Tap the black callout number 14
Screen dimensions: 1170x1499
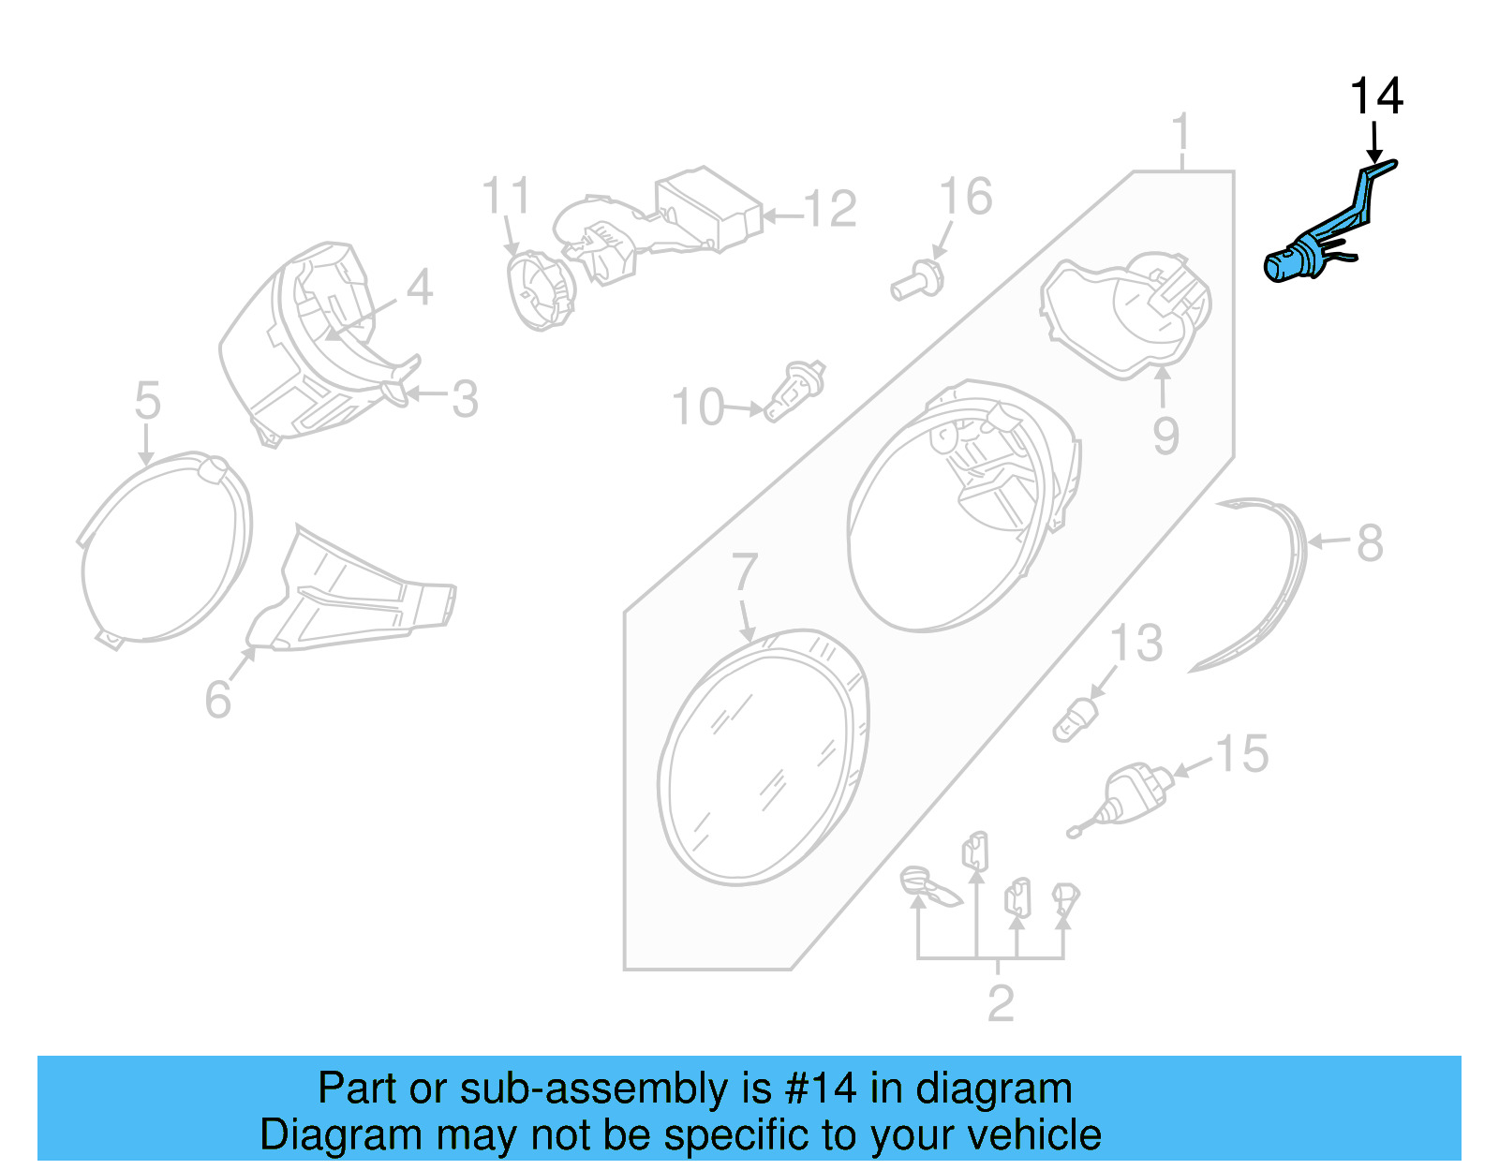coord(1375,97)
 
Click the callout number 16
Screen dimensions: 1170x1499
coord(965,198)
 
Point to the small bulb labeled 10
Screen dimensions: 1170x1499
coord(794,392)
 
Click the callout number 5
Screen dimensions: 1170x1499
coord(148,401)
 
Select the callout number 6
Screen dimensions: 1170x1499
coord(217,699)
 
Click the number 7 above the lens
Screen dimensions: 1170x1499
coord(744,571)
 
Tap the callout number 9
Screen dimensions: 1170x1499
coord(1165,436)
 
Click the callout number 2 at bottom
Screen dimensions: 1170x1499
coord(1000,1003)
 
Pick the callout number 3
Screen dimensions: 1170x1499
coord(465,399)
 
